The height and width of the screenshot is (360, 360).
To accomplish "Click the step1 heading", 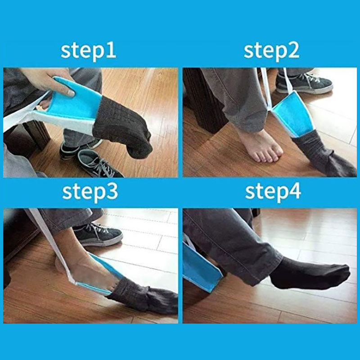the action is pyautogui.click(x=88, y=51).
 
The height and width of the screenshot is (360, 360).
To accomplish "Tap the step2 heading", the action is pyautogui.click(x=271, y=51).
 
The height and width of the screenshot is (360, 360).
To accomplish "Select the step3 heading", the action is pyautogui.click(x=90, y=192).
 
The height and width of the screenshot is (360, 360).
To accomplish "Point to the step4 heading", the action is pyautogui.click(x=273, y=192).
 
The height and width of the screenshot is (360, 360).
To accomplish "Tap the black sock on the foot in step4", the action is pyautogui.click(x=310, y=273).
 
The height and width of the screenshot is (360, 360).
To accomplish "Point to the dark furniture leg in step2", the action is pyautogui.click(x=202, y=101).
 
